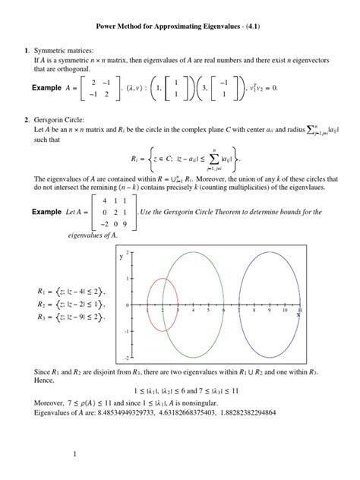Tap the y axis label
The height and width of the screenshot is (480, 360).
(120, 257)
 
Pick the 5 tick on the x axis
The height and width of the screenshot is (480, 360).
(209, 310)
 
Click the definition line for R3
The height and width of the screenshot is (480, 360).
(69, 315)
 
